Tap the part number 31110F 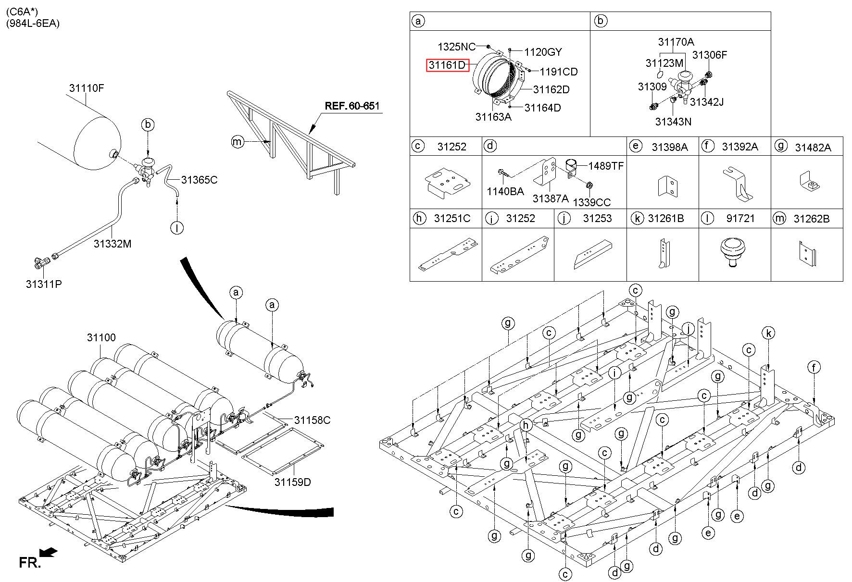click(x=87, y=88)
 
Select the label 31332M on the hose click(x=113, y=244)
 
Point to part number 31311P click(x=44, y=284)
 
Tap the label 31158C click(x=313, y=420)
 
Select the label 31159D click(x=293, y=482)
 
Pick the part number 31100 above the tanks click(x=101, y=337)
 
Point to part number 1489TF click(x=606, y=166)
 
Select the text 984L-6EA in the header click(x=33, y=24)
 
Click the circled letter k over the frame click(x=769, y=333)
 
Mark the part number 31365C click(x=200, y=180)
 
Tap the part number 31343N click(x=673, y=122)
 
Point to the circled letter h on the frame click(x=526, y=425)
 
